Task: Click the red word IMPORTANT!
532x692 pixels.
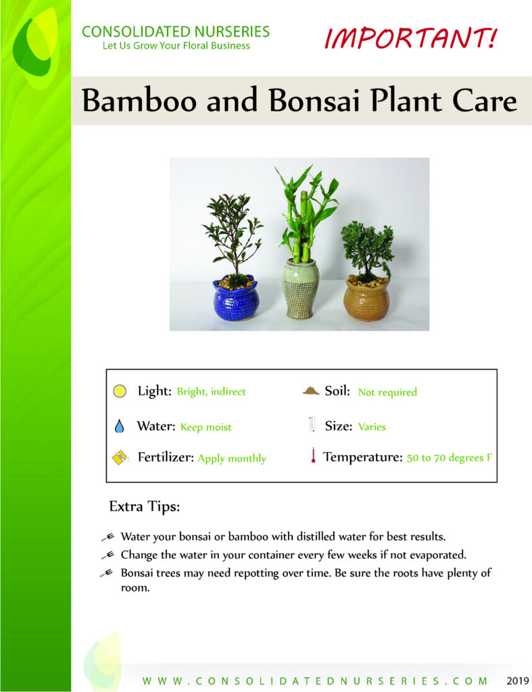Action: pos(410,38)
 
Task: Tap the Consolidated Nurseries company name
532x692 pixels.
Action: pos(176,32)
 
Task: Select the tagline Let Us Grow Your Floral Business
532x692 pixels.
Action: pos(176,46)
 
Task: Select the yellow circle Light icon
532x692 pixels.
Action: pos(120,391)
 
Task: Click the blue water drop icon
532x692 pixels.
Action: pos(119,426)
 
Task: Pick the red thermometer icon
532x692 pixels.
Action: pos(313,455)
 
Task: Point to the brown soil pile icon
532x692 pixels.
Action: pos(311,391)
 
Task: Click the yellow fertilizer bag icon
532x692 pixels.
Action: pos(120,458)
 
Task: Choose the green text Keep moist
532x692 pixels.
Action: pos(205,427)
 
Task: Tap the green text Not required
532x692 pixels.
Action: pos(387,392)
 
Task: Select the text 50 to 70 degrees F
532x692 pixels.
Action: pos(449,458)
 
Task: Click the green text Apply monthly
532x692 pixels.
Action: pos(232,459)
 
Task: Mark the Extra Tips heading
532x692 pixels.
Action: pos(145,506)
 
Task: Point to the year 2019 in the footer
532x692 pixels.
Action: pos(517,681)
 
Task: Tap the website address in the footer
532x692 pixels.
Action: pos(315,681)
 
